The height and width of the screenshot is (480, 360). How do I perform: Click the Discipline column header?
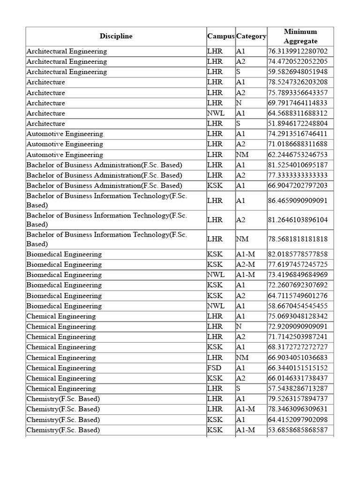(116, 36)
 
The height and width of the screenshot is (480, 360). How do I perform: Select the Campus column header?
(220, 36)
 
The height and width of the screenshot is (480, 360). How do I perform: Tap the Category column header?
(251, 36)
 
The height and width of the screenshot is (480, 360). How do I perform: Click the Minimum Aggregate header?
(300, 36)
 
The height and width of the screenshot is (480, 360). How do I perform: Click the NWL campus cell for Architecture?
(216, 113)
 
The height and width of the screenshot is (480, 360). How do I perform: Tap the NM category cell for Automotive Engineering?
(242, 155)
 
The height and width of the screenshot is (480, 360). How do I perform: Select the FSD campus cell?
(215, 367)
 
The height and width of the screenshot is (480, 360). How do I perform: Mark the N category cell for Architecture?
(239, 103)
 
